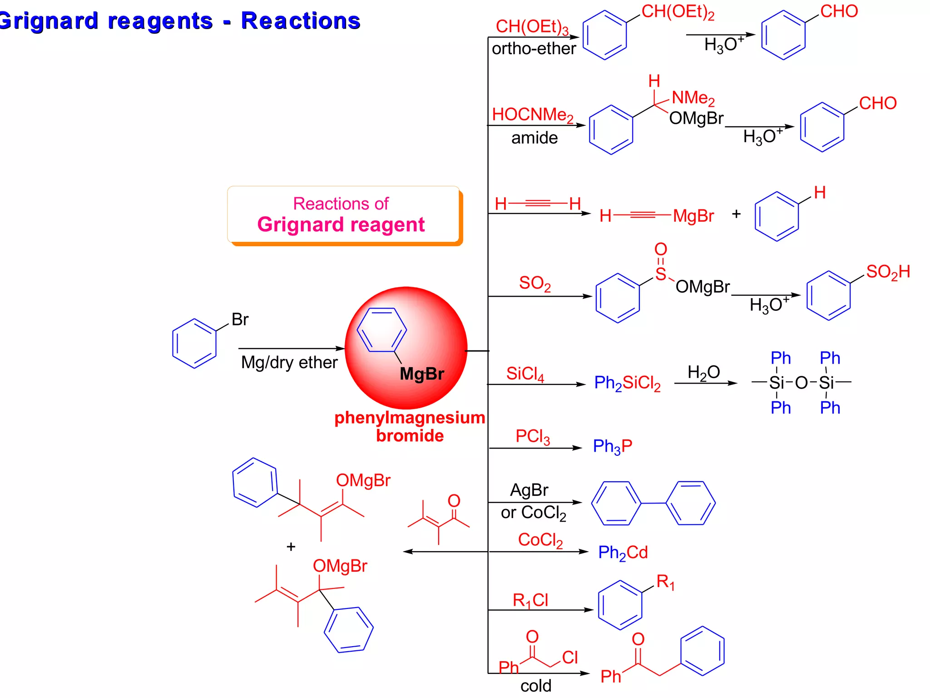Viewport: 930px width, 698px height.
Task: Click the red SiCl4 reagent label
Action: pos(525,374)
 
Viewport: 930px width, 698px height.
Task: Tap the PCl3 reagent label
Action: pos(532,436)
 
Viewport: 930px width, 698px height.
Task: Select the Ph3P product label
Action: pos(612,446)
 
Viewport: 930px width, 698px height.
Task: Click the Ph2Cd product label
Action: pos(623,553)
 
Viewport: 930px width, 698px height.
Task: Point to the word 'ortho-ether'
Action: pos(534,49)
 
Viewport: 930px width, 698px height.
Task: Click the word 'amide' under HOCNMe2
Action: pos(534,138)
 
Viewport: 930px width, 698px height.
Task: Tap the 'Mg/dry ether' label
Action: pos(289,363)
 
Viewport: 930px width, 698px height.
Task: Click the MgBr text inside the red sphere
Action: pos(421,374)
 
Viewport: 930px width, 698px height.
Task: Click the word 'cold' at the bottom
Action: pos(536,686)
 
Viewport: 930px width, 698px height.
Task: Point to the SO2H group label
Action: pos(888,272)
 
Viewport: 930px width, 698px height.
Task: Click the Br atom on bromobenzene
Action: pos(240,319)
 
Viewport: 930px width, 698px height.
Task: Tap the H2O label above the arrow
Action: pos(703,373)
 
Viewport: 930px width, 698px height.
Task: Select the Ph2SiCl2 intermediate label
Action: pos(627,383)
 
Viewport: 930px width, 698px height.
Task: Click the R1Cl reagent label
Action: pos(530,600)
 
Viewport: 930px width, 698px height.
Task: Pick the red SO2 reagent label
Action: pos(534,283)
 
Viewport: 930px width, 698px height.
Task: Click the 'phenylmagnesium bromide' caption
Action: pos(410,426)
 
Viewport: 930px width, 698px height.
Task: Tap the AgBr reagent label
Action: pos(529,490)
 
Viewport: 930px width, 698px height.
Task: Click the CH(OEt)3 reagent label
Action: pos(532,27)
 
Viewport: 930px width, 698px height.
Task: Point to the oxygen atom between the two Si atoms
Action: pos(801,383)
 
